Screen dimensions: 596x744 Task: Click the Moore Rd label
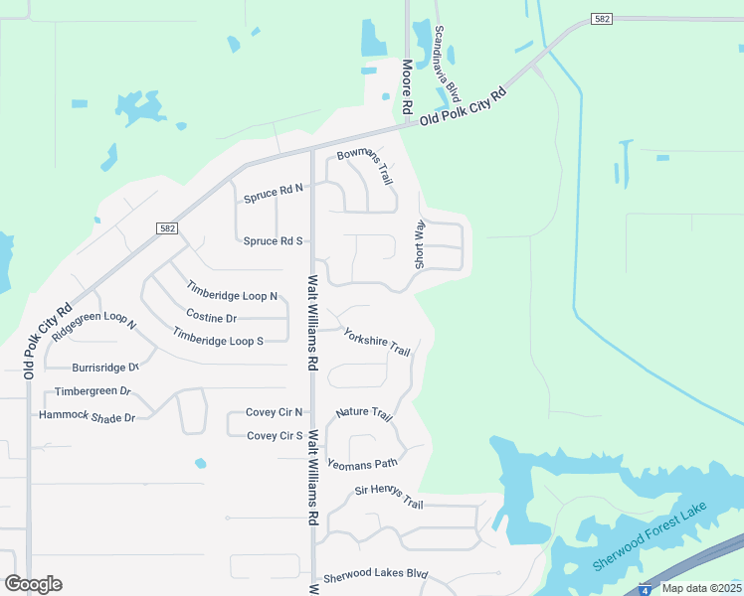tap(407, 86)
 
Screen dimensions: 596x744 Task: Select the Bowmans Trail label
tap(366, 165)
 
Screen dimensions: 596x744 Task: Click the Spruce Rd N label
tap(273, 188)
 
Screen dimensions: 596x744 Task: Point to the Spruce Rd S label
tap(273, 241)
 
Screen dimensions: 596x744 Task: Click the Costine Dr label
tap(211, 319)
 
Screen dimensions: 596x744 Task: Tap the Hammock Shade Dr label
tap(87, 417)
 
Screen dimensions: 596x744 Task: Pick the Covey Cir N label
tap(274, 412)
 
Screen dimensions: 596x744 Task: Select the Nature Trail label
tap(365, 413)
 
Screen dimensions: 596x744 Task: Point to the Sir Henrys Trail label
tap(389, 496)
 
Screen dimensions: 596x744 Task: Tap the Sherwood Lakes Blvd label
tap(375, 574)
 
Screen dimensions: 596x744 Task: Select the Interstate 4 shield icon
tap(647, 589)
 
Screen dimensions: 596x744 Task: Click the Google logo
tap(33, 584)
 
